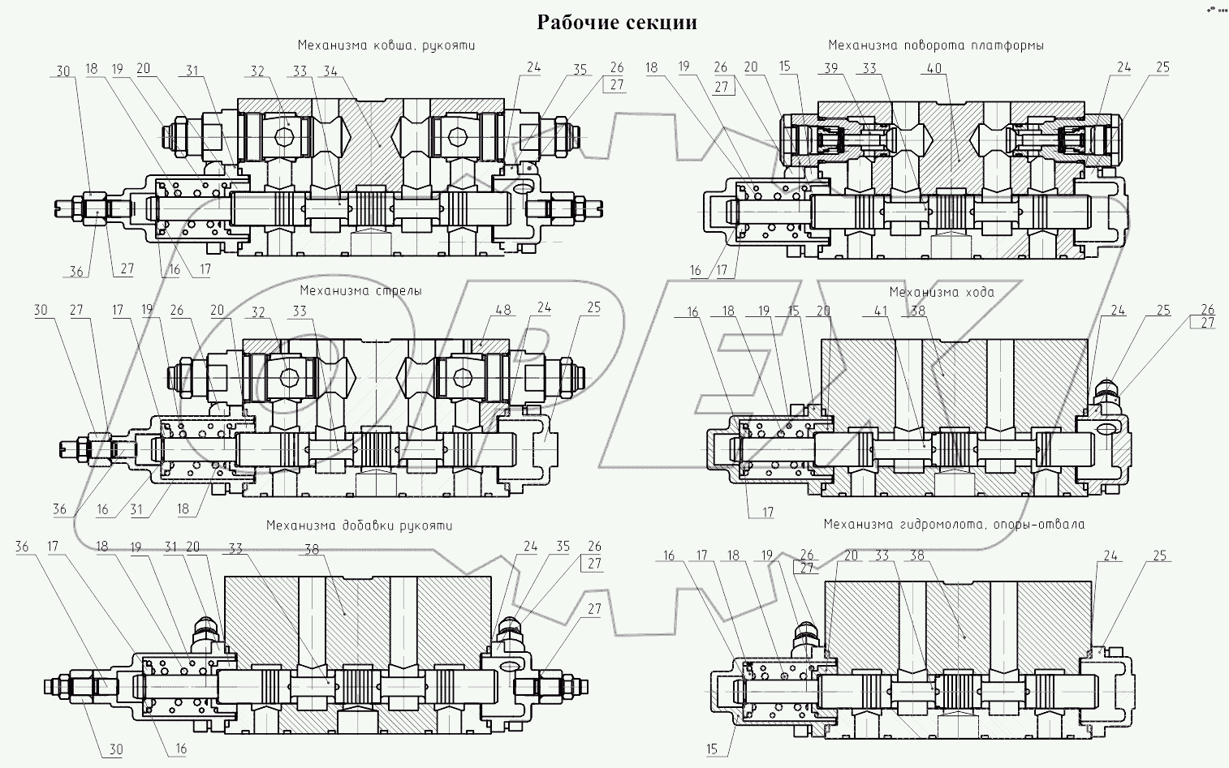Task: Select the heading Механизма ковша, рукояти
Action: (x=386, y=45)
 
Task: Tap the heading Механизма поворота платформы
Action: (x=936, y=45)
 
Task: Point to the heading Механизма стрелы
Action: (x=360, y=290)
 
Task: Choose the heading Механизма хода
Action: (x=941, y=292)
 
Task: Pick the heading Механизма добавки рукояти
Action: (x=360, y=526)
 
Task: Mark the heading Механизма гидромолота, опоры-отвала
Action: (x=954, y=524)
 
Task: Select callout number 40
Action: (x=934, y=68)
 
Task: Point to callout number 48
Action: (x=503, y=309)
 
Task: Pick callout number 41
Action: (x=899, y=310)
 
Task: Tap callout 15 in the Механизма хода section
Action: (x=793, y=310)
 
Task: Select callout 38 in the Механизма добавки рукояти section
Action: (x=313, y=547)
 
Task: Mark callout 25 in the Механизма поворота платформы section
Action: (x=1162, y=67)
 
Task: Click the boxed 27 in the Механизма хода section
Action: (x=1207, y=324)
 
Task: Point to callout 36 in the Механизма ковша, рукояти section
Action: (x=75, y=272)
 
